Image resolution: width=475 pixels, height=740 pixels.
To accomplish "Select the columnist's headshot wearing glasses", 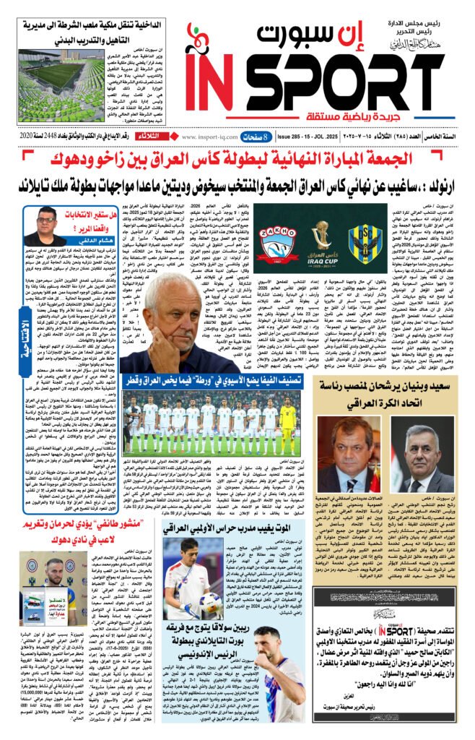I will point(45,225).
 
